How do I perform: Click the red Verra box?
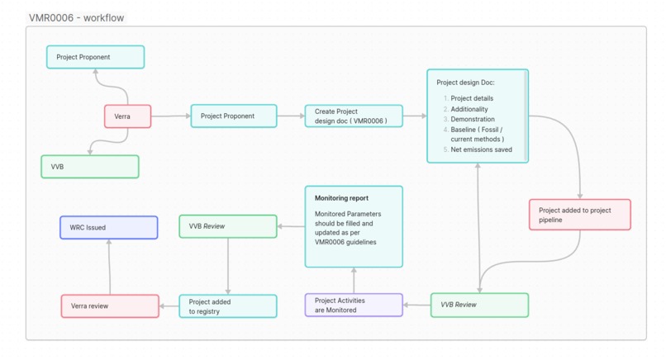coord(127,116)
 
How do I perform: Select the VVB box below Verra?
coord(89,167)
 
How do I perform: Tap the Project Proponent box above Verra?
coord(95,57)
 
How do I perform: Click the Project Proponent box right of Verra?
coord(234,116)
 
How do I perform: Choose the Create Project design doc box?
coord(353,116)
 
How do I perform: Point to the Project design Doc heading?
coord(465,83)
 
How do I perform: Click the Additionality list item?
coord(469,109)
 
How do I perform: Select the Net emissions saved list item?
coord(481,149)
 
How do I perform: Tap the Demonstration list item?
coord(472,119)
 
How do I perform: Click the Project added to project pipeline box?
coord(579,215)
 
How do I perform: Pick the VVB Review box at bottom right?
coord(478,305)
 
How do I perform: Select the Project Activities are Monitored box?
coord(353,305)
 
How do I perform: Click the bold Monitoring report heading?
coord(341,198)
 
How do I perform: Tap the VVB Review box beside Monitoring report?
coord(227,226)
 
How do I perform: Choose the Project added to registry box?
coord(227,306)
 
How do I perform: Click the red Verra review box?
coord(110,306)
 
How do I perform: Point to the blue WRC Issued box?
coord(108,227)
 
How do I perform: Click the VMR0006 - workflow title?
coord(76,17)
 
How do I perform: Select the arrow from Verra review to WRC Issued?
coord(110,267)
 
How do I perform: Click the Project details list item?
coord(471,98)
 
